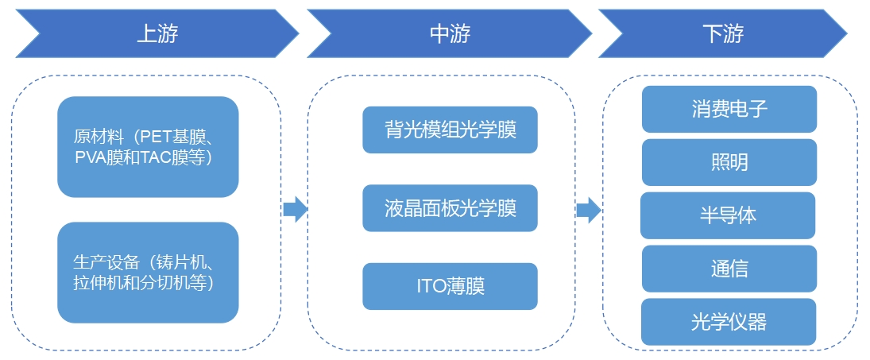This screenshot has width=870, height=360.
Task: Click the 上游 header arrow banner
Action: [x=157, y=33]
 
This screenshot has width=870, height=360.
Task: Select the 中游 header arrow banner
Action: [x=450, y=33]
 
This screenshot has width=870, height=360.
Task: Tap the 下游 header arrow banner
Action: [x=723, y=33]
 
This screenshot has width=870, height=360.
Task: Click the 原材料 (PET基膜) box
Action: [x=148, y=147]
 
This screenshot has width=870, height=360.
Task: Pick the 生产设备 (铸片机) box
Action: [x=148, y=273]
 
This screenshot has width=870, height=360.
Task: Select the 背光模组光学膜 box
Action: [x=450, y=130]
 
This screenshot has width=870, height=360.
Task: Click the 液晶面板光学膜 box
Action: [x=450, y=208]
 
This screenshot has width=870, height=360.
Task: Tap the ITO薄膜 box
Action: [x=450, y=286]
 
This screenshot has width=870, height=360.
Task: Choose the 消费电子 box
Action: [x=729, y=109]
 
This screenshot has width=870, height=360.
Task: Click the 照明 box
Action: [x=729, y=162]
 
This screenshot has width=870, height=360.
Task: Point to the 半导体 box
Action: [x=728, y=215]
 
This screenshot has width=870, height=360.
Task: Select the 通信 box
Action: [x=729, y=269]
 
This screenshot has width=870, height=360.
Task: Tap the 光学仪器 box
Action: [x=729, y=322]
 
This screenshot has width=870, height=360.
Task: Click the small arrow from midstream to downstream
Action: [x=588, y=210]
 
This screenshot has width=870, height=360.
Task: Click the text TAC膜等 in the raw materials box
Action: [x=176, y=157]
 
